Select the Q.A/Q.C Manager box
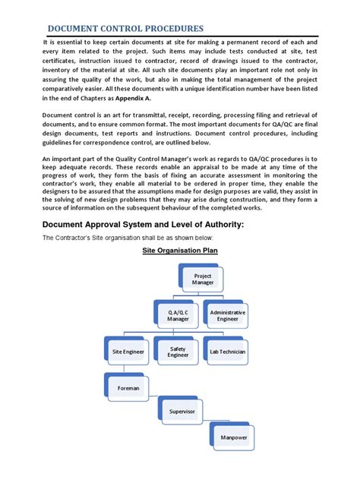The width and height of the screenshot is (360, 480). [178, 316]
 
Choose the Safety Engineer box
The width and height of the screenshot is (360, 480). [177, 352]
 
